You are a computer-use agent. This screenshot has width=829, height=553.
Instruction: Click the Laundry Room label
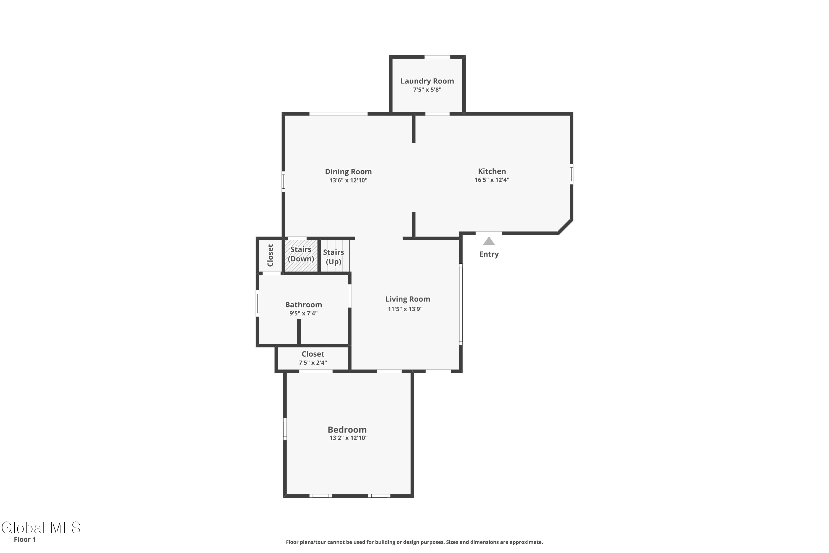click(x=427, y=81)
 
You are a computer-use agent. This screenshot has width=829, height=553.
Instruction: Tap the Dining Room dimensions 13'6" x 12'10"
click(x=348, y=180)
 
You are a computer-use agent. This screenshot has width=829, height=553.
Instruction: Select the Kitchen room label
click(x=492, y=171)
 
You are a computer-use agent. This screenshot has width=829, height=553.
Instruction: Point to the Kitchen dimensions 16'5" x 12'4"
click(x=492, y=180)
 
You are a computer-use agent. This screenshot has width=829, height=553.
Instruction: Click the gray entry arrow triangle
click(x=489, y=241)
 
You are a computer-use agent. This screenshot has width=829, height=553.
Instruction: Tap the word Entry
click(x=489, y=254)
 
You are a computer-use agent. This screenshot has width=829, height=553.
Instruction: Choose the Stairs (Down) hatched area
click(x=301, y=256)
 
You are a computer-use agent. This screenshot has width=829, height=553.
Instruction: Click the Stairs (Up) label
click(x=334, y=257)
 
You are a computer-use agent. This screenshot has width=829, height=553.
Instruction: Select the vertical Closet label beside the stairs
click(x=270, y=255)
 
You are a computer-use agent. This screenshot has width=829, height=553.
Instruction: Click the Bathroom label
click(x=303, y=305)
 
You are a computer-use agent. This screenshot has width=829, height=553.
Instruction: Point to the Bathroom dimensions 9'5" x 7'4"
click(x=303, y=313)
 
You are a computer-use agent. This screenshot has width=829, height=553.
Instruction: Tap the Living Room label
click(x=408, y=299)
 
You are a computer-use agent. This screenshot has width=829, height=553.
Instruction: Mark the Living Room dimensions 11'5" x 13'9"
click(x=405, y=309)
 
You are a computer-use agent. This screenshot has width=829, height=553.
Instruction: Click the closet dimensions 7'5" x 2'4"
click(x=313, y=362)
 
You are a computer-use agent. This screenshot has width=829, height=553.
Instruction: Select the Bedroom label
click(x=347, y=430)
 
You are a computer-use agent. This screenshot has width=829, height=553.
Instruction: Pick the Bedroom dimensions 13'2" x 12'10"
click(x=348, y=438)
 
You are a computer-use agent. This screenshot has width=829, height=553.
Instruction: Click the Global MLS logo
click(x=41, y=528)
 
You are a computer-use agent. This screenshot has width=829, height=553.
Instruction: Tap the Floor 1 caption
click(x=25, y=539)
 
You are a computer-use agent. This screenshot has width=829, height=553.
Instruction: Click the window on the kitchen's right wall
click(x=571, y=174)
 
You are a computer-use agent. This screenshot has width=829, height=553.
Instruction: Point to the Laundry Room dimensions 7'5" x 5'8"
click(x=427, y=90)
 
